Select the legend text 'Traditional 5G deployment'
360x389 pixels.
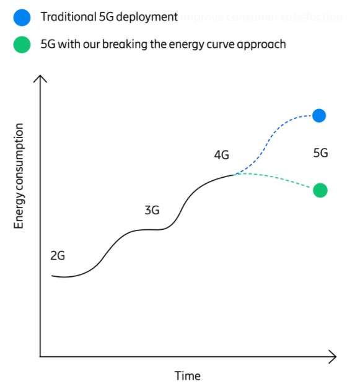click(104, 17)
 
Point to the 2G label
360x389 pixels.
click(58, 255)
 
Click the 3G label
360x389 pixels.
click(152, 210)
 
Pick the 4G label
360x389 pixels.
click(221, 155)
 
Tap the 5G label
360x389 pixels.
click(320, 152)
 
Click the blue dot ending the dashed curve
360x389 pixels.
click(319, 115)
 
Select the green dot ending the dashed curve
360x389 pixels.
click(320, 190)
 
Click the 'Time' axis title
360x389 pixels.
click(187, 375)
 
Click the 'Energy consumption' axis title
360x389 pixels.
click(19, 176)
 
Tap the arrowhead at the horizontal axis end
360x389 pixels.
click(333, 357)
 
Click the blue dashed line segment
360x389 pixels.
click(273, 136)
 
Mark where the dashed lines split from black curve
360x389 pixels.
click(236, 174)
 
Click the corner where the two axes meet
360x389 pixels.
click(40, 357)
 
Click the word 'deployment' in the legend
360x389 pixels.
click(144, 17)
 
